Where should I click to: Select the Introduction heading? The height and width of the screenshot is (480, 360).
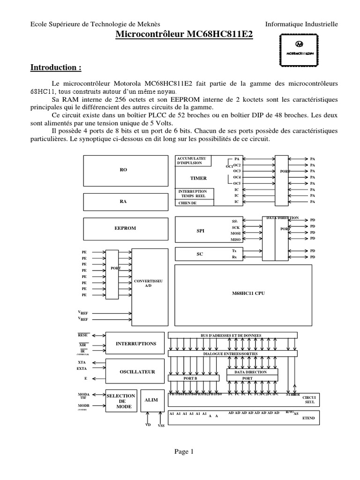tap(56, 68)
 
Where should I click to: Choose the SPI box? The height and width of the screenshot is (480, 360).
tap(201, 231)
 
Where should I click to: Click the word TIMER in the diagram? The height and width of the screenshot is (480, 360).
tap(198, 179)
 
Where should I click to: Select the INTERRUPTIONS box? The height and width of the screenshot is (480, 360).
tap(135, 344)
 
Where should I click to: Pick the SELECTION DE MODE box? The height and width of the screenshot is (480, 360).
tap(121, 402)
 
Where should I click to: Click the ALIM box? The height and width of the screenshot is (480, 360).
tap(151, 400)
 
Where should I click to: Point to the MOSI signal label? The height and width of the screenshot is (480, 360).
tap(235, 233)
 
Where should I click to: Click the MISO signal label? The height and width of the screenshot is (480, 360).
tap(235, 240)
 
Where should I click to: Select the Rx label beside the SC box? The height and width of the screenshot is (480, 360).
tap(234, 257)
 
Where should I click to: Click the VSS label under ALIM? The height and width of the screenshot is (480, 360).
tap(162, 426)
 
